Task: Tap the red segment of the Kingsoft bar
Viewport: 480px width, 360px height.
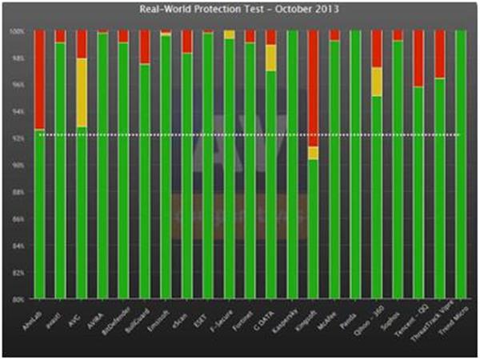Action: coord(313,88)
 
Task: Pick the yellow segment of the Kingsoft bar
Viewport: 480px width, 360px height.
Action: coord(313,153)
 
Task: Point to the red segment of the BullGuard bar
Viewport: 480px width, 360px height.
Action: coord(144,47)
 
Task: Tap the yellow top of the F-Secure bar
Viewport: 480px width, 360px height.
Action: coord(229,34)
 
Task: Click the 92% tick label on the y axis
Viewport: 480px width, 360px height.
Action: coord(22,138)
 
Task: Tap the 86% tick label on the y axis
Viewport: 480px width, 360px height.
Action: coord(22,218)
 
